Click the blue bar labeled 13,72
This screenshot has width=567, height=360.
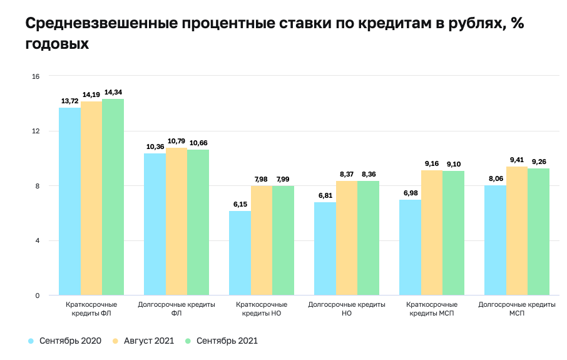click(69, 201)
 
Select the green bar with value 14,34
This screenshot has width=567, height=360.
click(113, 197)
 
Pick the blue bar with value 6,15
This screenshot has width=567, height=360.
click(240, 253)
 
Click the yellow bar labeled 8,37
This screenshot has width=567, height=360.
click(347, 238)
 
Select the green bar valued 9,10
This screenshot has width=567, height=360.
click(454, 233)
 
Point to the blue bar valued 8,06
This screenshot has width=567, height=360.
click(495, 240)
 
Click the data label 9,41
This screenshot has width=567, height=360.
click(517, 160)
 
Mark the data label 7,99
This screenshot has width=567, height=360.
click(283, 179)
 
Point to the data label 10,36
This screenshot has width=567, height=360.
click(155, 147)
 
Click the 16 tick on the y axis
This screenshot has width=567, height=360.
click(36, 76)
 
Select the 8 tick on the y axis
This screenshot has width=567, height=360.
click(37, 186)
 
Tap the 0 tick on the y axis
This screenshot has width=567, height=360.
click(37, 296)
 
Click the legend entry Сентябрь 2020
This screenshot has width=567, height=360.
click(69, 341)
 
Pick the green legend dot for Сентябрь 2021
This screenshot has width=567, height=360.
click(188, 341)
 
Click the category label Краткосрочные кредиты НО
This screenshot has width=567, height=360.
click(261, 309)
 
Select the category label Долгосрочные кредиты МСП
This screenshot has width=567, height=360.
click(517, 309)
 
